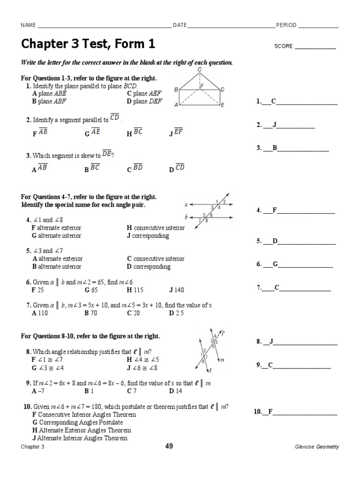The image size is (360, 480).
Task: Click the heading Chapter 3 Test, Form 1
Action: click(88, 44)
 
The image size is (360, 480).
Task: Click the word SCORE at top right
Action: click(283, 46)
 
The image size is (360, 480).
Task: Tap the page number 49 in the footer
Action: click(169, 446)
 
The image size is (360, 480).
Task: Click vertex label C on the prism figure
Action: click(199, 69)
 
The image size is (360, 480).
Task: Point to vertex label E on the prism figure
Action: click(222, 105)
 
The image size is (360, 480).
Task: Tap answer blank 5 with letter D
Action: click(296, 241)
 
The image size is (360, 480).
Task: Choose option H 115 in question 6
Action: click(137, 290)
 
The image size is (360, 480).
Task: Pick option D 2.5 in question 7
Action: click(177, 313)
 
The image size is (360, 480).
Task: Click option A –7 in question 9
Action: click(37, 390)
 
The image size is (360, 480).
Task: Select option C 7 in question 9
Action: click(132, 390)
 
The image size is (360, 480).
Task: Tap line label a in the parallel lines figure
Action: click(186, 205)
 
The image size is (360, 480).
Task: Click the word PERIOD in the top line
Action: click(286, 25)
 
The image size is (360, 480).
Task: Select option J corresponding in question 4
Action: click(148, 236)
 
